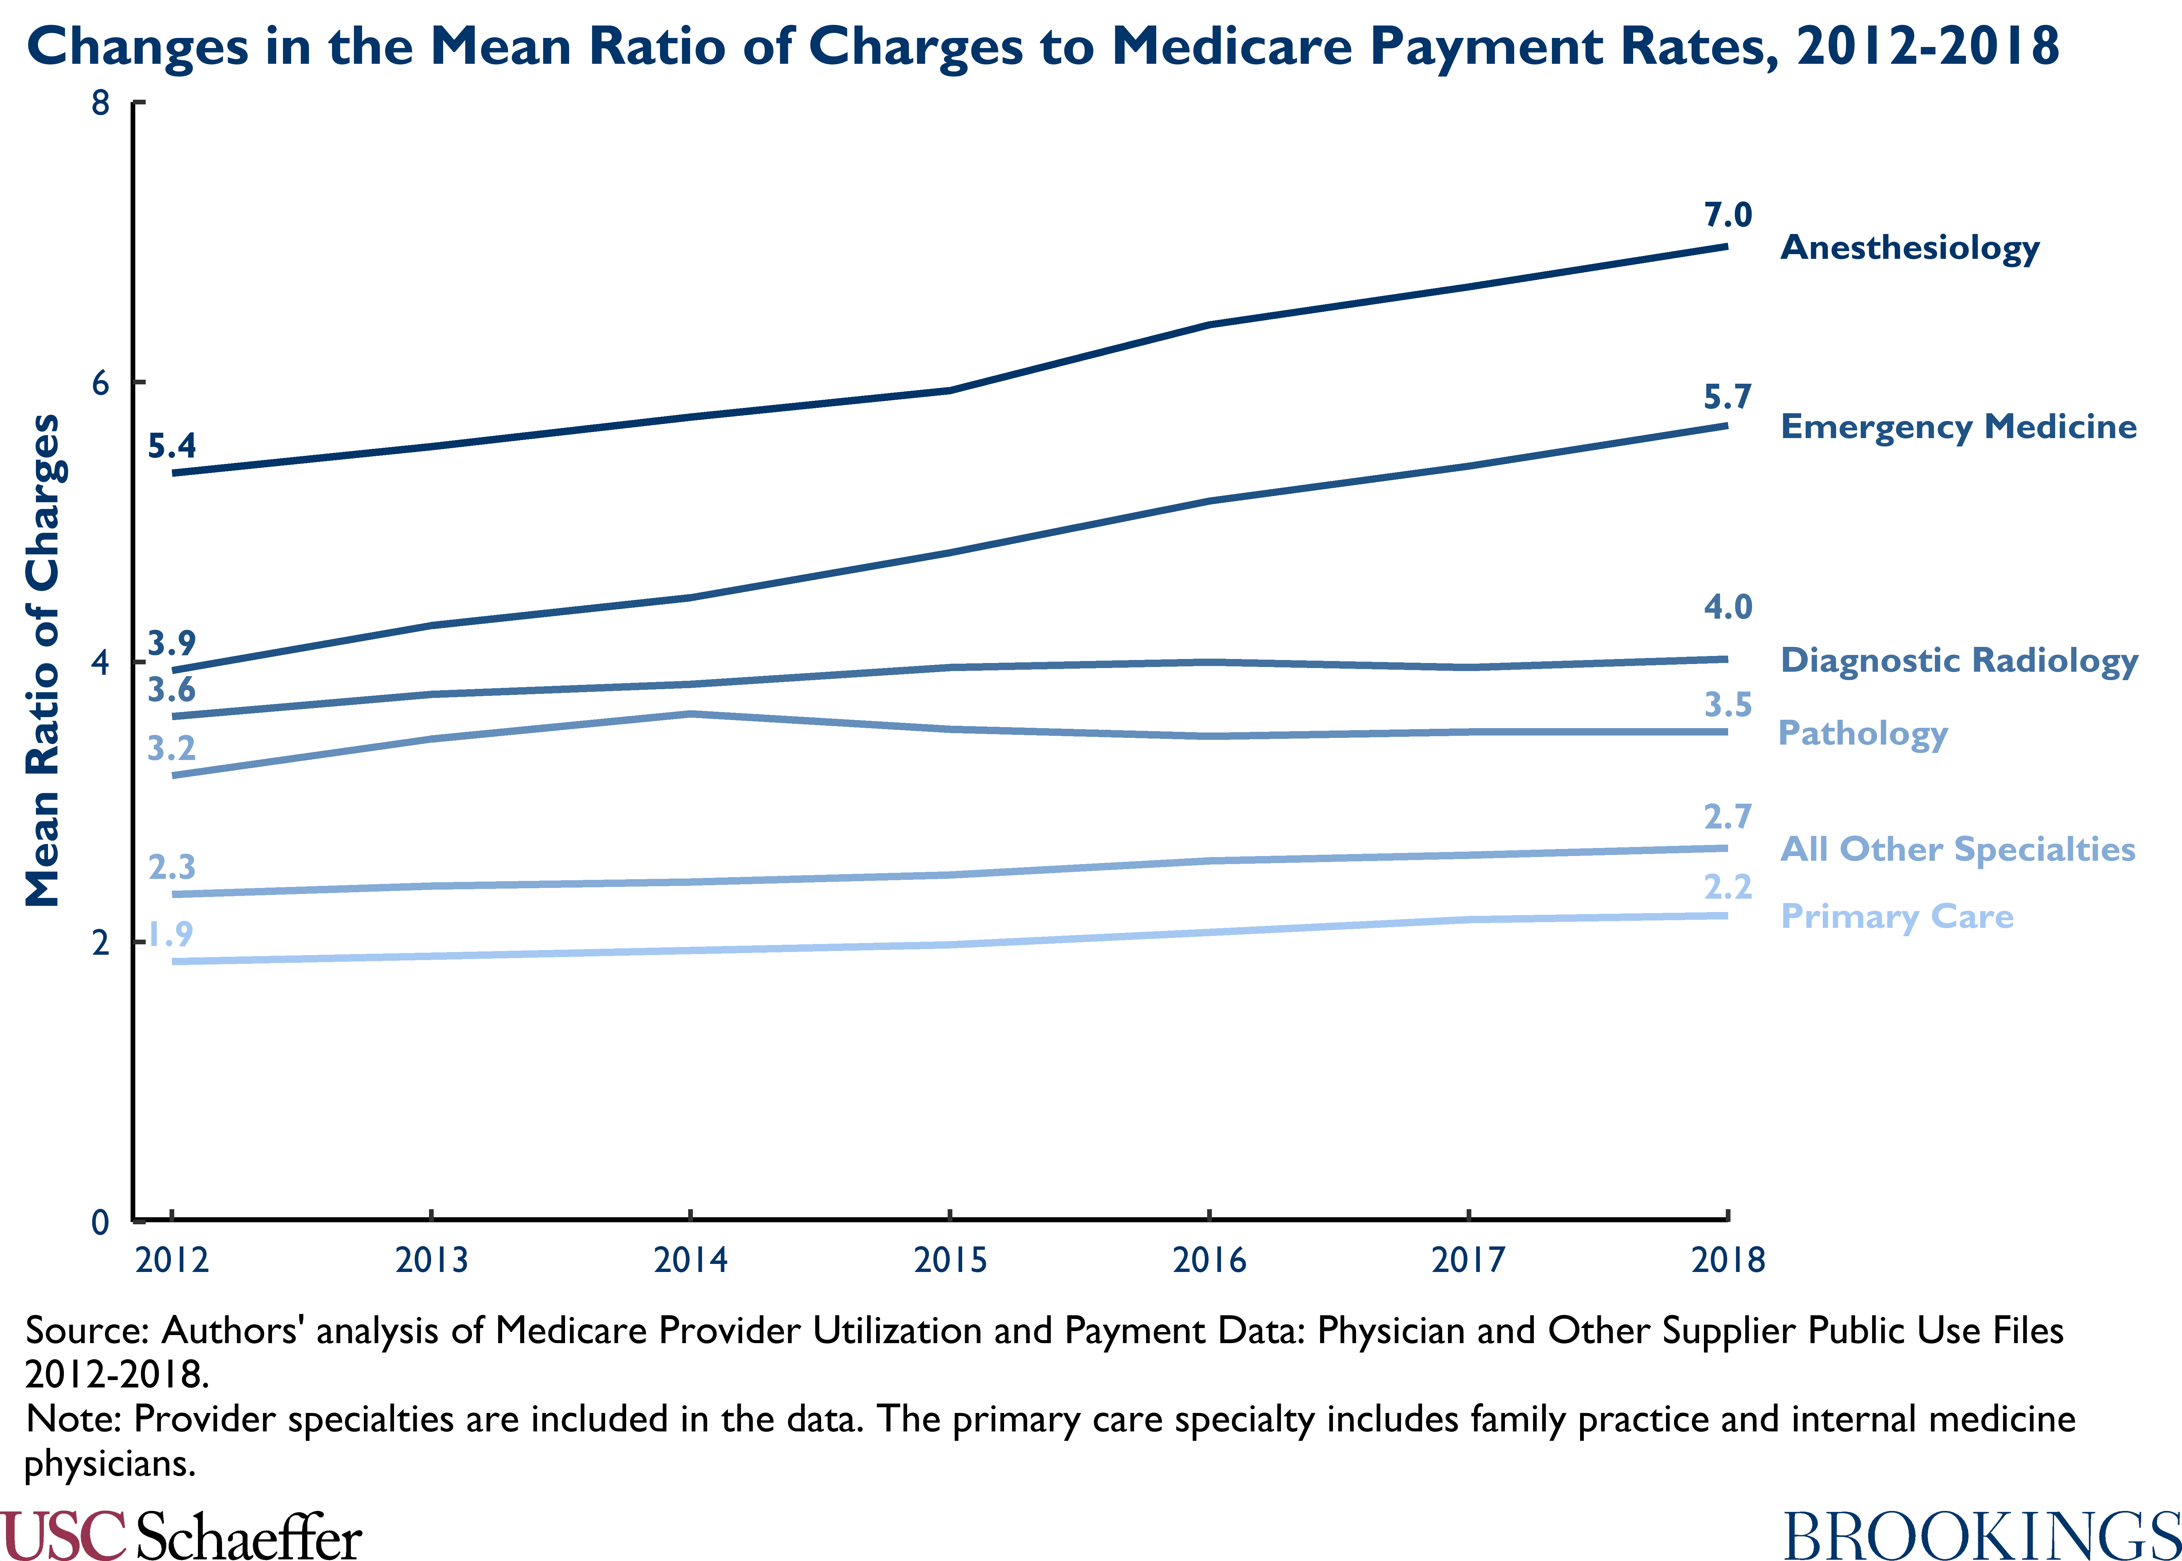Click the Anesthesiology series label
click(x=1910, y=248)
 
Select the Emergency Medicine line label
click(x=1958, y=427)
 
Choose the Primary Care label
click(x=1897, y=917)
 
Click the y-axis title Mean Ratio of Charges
click(x=42, y=661)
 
